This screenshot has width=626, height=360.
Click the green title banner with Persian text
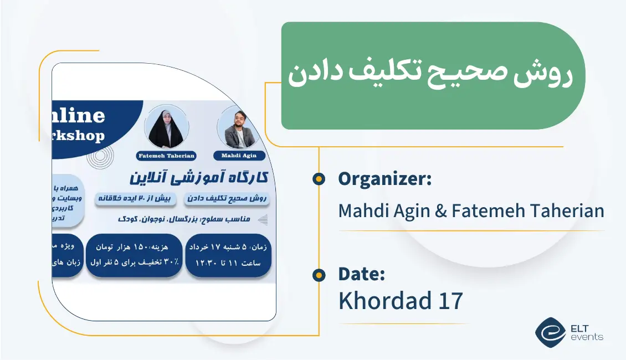click(x=432, y=76)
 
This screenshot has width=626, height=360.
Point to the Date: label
click(x=361, y=274)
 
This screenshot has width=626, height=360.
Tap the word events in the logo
click(x=587, y=337)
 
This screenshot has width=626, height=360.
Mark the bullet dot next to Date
click(x=319, y=275)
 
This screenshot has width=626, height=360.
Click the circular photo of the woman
click(x=166, y=127)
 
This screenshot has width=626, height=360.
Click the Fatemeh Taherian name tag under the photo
click(x=166, y=156)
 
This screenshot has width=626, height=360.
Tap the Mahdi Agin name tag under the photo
click(x=239, y=156)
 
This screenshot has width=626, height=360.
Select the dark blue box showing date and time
click(x=228, y=255)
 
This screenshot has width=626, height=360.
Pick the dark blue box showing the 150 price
click(x=134, y=255)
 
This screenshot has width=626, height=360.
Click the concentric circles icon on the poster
click(x=101, y=157)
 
